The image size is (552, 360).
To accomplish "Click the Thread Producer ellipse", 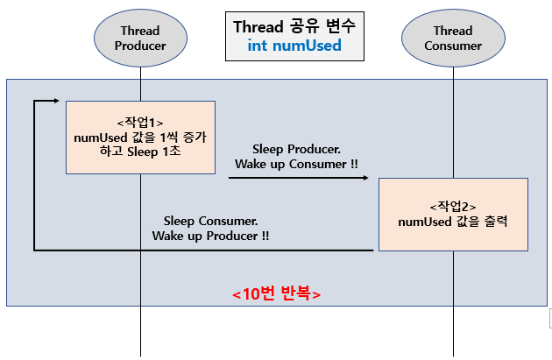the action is [x=140, y=38].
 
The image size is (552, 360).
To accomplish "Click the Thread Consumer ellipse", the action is [x=453, y=38].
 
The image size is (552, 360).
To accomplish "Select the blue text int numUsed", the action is [x=294, y=46].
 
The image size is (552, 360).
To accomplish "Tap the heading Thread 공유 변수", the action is [x=294, y=27].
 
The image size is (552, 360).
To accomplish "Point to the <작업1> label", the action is [x=140, y=123].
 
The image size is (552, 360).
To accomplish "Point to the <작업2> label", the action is [x=453, y=207].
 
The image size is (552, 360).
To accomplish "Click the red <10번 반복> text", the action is [x=276, y=293].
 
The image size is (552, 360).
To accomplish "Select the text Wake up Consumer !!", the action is [x=296, y=164].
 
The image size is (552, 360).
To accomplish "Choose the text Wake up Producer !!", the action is [x=210, y=236].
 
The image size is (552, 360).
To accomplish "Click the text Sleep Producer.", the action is [x=296, y=149].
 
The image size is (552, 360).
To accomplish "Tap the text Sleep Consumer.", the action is [x=210, y=221].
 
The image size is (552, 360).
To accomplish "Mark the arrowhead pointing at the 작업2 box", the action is [x=365, y=178].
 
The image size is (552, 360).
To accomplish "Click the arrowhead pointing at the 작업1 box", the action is [x=56, y=101].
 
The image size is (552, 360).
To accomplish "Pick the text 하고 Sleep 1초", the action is [x=140, y=152].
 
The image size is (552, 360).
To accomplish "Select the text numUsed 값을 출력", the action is [x=453, y=222].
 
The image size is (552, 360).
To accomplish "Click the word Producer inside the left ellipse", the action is [x=140, y=46].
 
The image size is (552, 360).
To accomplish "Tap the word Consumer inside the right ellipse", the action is [x=453, y=46].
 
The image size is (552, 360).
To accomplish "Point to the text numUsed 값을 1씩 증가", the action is [x=140, y=138].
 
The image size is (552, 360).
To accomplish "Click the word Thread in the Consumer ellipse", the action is [x=453, y=31].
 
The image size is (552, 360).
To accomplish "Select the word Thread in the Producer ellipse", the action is [x=140, y=31].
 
